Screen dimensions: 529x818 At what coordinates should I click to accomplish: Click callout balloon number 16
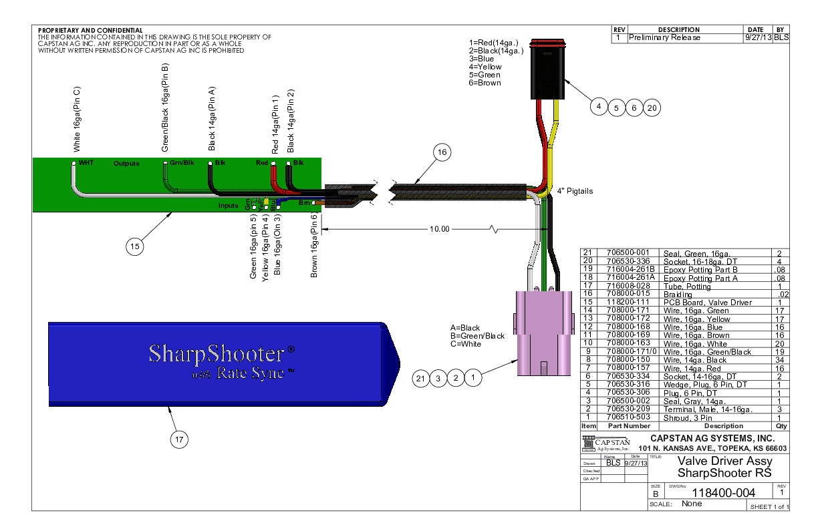(x=441, y=153)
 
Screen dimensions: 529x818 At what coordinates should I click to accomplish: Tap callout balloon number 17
(x=178, y=439)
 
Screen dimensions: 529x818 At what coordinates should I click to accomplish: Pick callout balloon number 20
(x=652, y=107)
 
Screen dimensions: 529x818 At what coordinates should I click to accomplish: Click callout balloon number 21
(x=420, y=379)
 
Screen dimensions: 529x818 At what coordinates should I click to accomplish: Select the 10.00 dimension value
(x=440, y=229)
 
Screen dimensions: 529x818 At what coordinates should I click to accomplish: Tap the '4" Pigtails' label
(x=575, y=191)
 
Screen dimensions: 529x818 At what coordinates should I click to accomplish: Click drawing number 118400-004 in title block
(x=725, y=493)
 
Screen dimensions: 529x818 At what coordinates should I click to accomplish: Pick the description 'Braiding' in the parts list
(x=678, y=295)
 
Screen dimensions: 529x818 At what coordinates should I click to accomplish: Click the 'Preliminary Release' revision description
(x=665, y=38)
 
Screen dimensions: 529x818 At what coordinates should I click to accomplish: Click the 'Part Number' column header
(x=628, y=425)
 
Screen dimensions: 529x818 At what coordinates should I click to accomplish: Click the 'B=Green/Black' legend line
(x=477, y=336)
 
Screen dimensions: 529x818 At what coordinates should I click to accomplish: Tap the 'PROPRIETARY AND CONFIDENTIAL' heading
(x=90, y=31)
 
